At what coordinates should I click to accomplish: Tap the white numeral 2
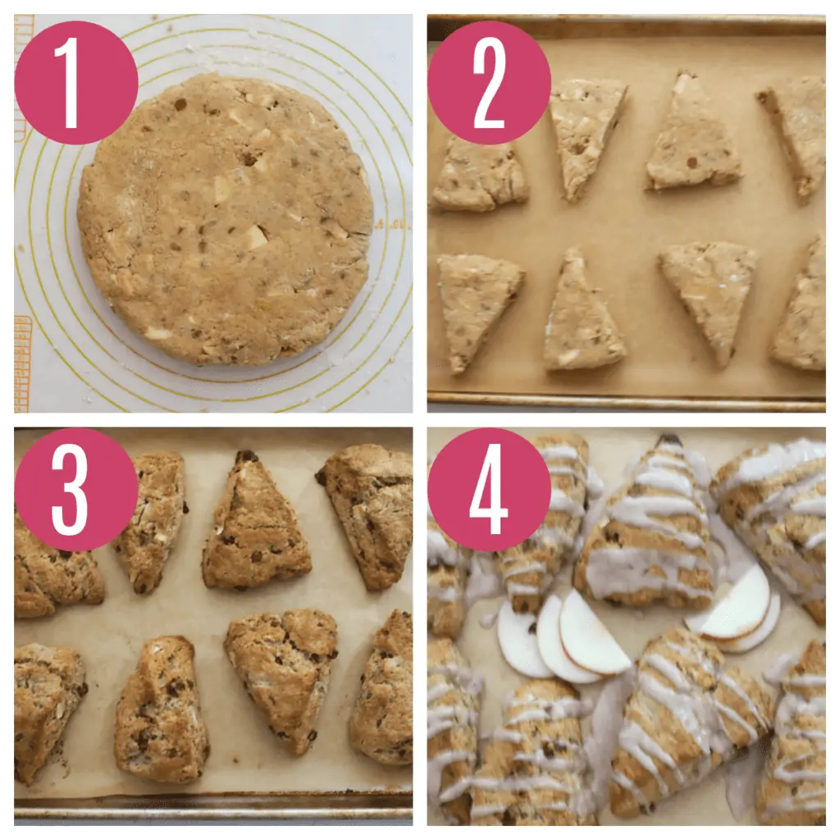tap(489, 83)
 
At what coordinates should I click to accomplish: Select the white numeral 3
tap(71, 491)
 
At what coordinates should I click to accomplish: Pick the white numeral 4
tap(488, 490)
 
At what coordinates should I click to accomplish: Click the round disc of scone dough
tap(225, 220)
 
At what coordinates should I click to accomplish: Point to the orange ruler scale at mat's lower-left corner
tap(22, 363)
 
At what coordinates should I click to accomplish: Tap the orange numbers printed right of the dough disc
tap(391, 224)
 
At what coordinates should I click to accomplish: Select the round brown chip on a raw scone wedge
tap(692, 162)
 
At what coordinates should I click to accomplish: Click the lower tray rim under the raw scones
tap(626, 402)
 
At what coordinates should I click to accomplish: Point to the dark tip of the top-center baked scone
tap(246, 456)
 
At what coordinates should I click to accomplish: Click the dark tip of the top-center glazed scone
tap(669, 440)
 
